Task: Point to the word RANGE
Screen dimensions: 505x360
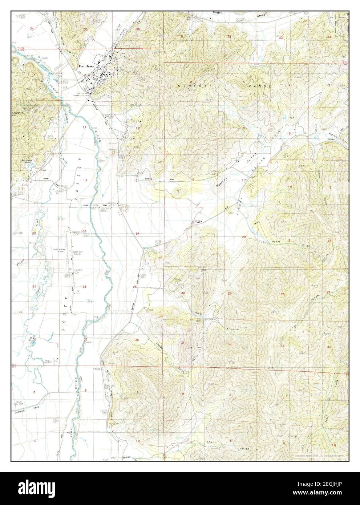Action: point(259,86)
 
